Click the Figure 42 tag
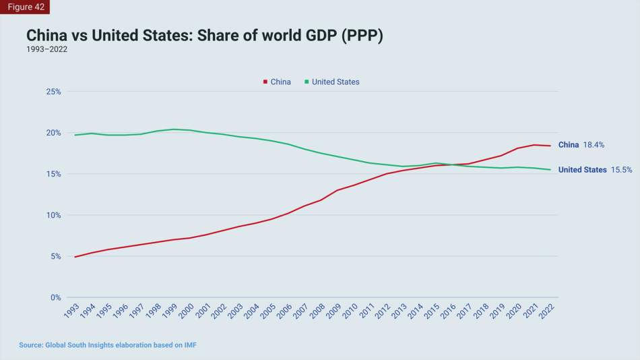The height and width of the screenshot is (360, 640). click(24, 7)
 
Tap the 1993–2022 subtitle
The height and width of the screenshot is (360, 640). click(46, 50)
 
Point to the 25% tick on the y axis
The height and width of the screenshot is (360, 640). click(53, 92)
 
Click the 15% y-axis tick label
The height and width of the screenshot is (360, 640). click(53, 174)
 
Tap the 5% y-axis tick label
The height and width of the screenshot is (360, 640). click(55, 256)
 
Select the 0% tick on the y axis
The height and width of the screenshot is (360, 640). click(55, 297)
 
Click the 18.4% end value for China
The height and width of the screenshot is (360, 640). click(594, 145)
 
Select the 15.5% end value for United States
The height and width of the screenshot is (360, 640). click(621, 170)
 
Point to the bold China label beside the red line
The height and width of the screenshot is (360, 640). click(569, 145)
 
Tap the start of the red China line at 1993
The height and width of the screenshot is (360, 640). click(75, 257)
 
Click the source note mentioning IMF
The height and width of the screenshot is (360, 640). click(108, 345)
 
